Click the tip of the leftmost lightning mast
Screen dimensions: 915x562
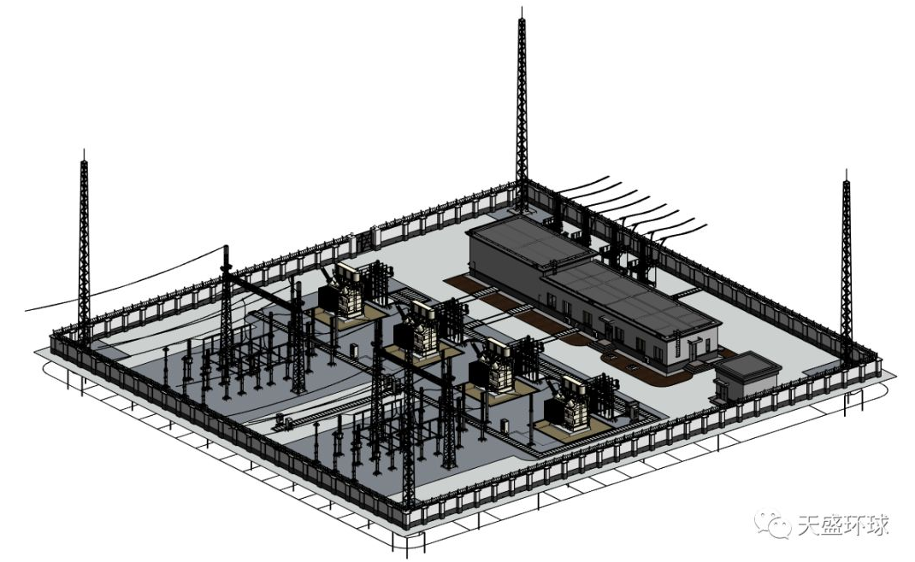click(85, 150)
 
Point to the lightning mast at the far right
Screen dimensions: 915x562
click(846, 262)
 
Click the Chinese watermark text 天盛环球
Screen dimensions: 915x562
click(843, 524)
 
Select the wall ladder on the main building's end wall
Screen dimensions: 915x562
click(677, 348)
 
